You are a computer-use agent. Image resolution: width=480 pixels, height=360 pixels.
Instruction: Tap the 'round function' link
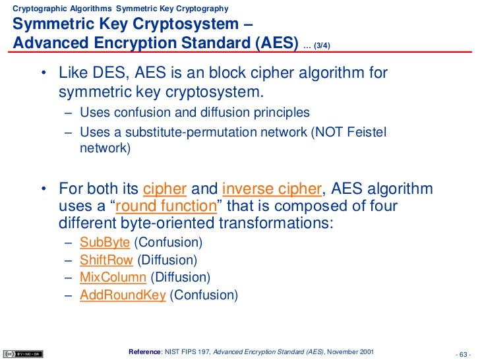coord(167,206)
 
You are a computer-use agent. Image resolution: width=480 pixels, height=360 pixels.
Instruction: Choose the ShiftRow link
coord(106,260)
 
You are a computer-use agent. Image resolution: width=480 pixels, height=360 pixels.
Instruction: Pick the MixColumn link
coord(113,278)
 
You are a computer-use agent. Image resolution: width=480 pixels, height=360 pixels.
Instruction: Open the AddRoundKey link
coord(123,295)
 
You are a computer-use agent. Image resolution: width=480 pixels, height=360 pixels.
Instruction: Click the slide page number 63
coord(465,350)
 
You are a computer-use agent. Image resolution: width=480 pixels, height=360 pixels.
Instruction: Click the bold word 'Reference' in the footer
coord(144,349)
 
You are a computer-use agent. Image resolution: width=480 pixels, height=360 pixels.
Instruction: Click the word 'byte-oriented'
coord(157,223)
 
